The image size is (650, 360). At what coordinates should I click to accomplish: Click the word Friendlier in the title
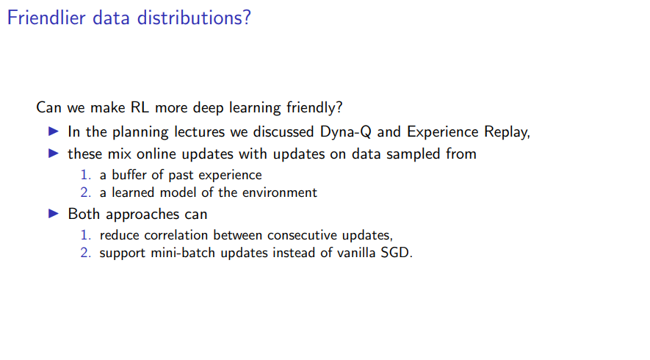point(46,18)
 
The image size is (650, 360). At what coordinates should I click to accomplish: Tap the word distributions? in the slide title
point(194,18)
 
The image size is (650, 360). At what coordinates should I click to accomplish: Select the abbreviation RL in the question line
point(140,107)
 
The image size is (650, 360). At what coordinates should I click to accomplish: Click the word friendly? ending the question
point(314,108)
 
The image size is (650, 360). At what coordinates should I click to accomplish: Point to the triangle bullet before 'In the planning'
point(54,132)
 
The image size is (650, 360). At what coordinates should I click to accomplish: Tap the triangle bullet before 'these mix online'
point(54,154)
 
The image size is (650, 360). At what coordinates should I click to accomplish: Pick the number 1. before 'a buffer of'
point(85,175)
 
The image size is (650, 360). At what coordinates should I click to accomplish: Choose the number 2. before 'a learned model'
point(85,192)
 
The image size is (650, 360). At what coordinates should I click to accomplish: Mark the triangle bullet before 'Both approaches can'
point(54,214)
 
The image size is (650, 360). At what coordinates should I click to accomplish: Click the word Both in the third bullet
point(84,214)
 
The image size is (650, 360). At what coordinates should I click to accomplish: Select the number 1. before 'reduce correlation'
point(85,235)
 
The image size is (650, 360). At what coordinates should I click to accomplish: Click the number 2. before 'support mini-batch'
point(85,253)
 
